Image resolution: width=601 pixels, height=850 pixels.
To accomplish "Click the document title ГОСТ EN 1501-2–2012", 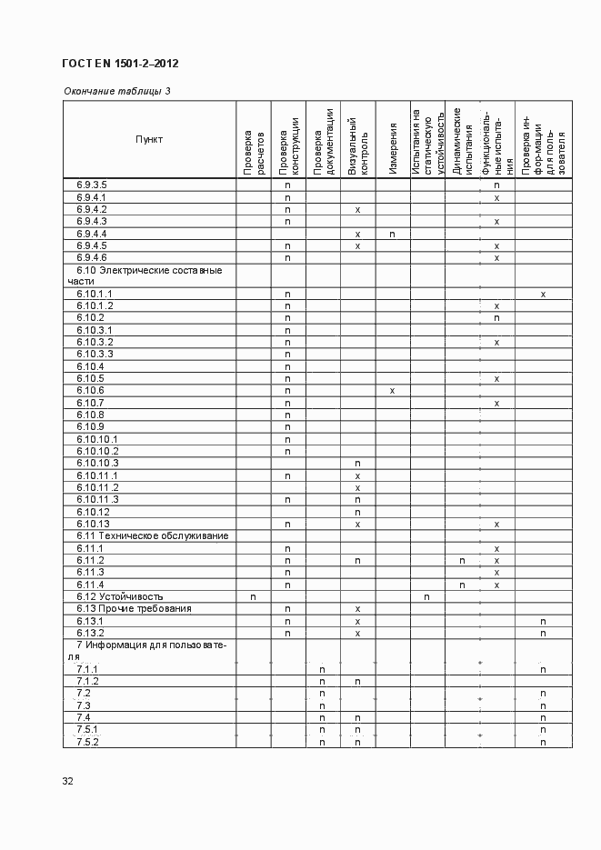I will (119, 64).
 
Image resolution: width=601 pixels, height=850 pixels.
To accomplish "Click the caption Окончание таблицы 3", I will (116, 91).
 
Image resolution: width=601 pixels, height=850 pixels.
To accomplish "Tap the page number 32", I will (68, 781).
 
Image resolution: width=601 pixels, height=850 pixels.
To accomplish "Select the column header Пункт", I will (149, 139).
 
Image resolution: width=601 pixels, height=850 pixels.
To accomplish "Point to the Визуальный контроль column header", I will (358, 144).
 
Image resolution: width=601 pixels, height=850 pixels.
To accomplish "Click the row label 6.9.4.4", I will (93, 234).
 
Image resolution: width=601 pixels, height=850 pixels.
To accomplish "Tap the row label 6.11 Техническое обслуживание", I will (152, 536).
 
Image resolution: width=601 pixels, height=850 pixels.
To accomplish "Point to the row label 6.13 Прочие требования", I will (133, 608).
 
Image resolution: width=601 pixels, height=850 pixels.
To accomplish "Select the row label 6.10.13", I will (94, 524).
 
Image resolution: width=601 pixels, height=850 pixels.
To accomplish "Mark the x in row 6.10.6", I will (392, 391).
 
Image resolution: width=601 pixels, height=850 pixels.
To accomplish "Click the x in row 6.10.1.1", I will (543, 295).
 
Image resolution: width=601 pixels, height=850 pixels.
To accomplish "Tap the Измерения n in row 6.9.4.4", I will (392, 234).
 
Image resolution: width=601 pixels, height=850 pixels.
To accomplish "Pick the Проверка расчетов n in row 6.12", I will (253, 596).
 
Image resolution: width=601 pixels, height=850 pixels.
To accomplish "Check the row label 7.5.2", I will (87, 742).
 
